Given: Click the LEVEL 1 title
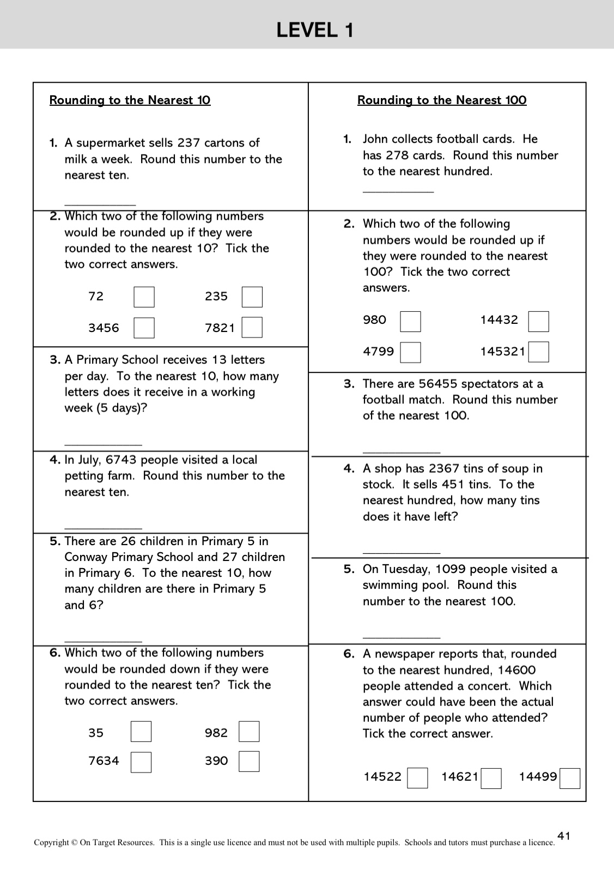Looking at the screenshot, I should tap(315, 29).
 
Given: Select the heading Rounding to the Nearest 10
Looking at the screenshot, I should tap(130, 100).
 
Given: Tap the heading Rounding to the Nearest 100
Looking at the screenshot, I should tap(442, 100).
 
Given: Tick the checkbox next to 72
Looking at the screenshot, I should tap(144, 297).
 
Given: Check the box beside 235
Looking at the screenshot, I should tap(252, 297).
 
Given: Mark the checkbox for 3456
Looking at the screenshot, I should tap(144, 328).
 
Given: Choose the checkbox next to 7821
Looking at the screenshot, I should tap(252, 328).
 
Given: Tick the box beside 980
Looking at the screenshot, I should tap(410, 322).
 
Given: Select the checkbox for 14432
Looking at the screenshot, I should tap(538, 322).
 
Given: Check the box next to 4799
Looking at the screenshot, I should tap(410, 352).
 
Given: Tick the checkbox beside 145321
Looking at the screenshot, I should tap(538, 352).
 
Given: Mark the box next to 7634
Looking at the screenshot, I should tap(141, 762).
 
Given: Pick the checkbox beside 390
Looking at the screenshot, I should tap(249, 762).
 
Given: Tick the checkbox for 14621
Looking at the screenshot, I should tap(491, 779).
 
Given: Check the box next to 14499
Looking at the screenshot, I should tap(570, 779).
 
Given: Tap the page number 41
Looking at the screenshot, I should tap(564, 836).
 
